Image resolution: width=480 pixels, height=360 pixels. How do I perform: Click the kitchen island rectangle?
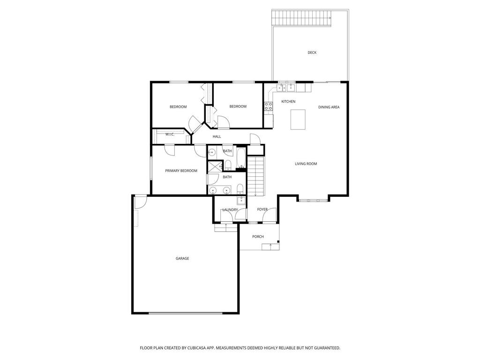(298, 119)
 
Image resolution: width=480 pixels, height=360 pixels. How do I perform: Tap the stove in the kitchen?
(269, 106)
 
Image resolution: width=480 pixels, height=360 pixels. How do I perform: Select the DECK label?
(312, 52)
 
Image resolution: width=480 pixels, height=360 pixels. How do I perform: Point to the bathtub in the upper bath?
(241, 158)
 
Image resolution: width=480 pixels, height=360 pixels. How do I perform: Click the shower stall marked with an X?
(214, 167)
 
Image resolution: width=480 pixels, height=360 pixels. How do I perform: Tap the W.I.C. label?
(170, 135)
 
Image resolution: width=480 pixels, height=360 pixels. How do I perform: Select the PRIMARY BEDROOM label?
(181, 171)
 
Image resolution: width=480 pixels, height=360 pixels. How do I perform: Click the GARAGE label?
(182, 258)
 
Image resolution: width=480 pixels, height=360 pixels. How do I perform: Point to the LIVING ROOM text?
(306, 164)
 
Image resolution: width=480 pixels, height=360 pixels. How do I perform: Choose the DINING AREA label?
(329, 107)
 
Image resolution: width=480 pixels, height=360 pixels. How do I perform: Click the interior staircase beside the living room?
(256, 176)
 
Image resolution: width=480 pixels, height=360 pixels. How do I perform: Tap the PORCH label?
(258, 236)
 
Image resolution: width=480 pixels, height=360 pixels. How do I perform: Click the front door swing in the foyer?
(269, 215)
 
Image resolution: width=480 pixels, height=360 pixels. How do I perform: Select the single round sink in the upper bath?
(211, 152)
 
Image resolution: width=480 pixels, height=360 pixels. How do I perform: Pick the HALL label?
(217, 136)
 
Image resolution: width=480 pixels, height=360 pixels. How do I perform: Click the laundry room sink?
(241, 201)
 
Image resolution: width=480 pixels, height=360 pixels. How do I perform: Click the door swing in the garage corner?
(140, 202)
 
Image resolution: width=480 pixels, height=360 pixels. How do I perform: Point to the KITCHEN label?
(288, 101)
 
